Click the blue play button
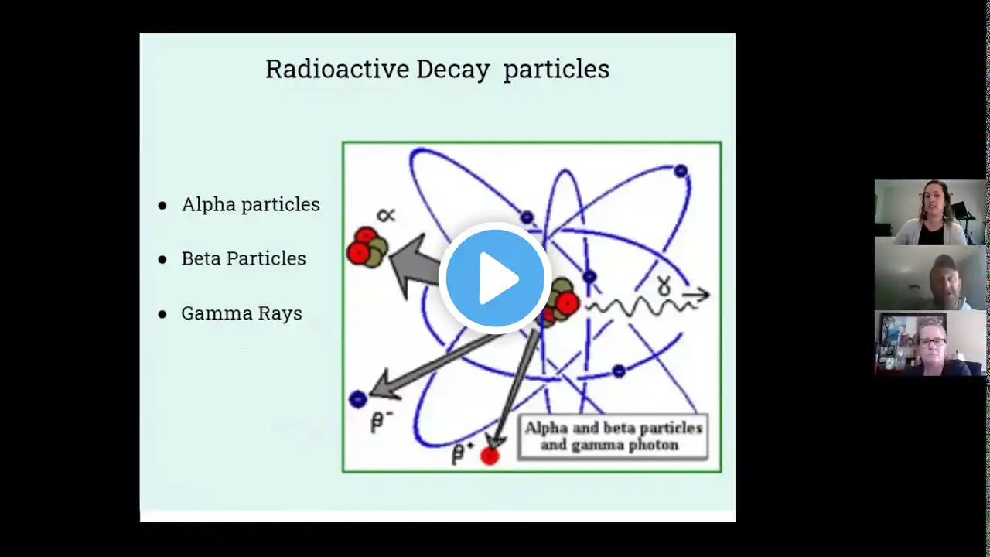[x=495, y=278]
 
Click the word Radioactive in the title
[x=337, y=69]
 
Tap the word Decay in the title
[x=453, y=70]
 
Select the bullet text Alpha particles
[x=251, y=205]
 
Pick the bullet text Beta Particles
[x=244, y=258]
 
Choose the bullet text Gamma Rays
[x=242, y=313]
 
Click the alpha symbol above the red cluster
[x=386, y=215]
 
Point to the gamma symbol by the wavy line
[x=664, y=285]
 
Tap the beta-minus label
[x=382, y=422]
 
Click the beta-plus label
[x=463, y=453]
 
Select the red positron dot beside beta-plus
[x=490, y=456]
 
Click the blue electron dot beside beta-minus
[x=358, y=399]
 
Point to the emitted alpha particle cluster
[x=367, y=247]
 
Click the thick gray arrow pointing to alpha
[x=415, y=265]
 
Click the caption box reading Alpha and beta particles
[x=613, y=437]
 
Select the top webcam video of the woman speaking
[x=930, y=212]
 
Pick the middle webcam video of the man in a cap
[x=930, y=278]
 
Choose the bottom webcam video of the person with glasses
[x=930, y=343]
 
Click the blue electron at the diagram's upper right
[x=681, y=171]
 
